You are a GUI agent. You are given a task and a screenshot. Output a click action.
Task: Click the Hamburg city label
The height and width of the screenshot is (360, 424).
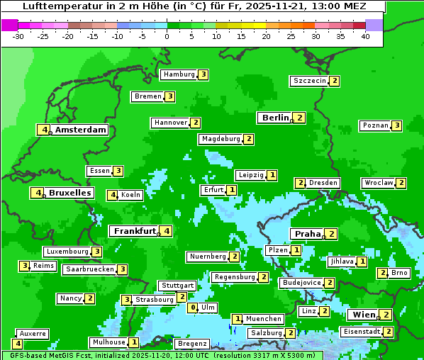point(178,74)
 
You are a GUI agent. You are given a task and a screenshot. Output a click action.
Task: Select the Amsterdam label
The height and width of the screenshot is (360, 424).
point(81,130)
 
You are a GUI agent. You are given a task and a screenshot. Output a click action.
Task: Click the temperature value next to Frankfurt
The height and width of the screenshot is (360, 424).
point(166,231)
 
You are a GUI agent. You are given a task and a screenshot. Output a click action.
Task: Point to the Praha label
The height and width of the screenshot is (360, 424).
point(308,234)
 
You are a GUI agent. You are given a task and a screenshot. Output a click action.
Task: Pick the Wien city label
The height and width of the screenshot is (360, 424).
point(362,315)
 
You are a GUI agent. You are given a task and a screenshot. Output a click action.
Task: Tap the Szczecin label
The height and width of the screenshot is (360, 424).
point(310,81)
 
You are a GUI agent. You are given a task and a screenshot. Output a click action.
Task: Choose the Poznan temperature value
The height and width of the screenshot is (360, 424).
point(397,126)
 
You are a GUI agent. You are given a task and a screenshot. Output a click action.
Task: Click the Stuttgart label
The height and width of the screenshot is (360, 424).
point(177,286)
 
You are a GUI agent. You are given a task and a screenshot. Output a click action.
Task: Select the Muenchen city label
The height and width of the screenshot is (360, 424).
point(264,319)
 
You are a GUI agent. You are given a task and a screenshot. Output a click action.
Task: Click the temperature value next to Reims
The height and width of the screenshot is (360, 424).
point(25,266)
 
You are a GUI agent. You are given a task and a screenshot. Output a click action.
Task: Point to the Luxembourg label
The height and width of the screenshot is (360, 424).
point(67,252)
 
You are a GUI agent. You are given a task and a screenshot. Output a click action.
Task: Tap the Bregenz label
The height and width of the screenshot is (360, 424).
point(191,344)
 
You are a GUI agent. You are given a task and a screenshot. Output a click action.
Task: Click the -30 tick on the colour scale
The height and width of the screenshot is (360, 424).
point(18,35)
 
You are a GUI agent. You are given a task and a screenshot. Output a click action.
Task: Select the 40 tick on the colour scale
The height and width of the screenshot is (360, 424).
point(365,35)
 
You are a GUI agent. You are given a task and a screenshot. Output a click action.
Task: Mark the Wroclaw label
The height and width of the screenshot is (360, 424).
point(378,183)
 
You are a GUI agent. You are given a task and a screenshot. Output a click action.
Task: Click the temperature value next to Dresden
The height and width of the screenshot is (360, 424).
point(300,183)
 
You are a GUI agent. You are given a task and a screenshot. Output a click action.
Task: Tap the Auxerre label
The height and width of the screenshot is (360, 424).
point(33,333)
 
